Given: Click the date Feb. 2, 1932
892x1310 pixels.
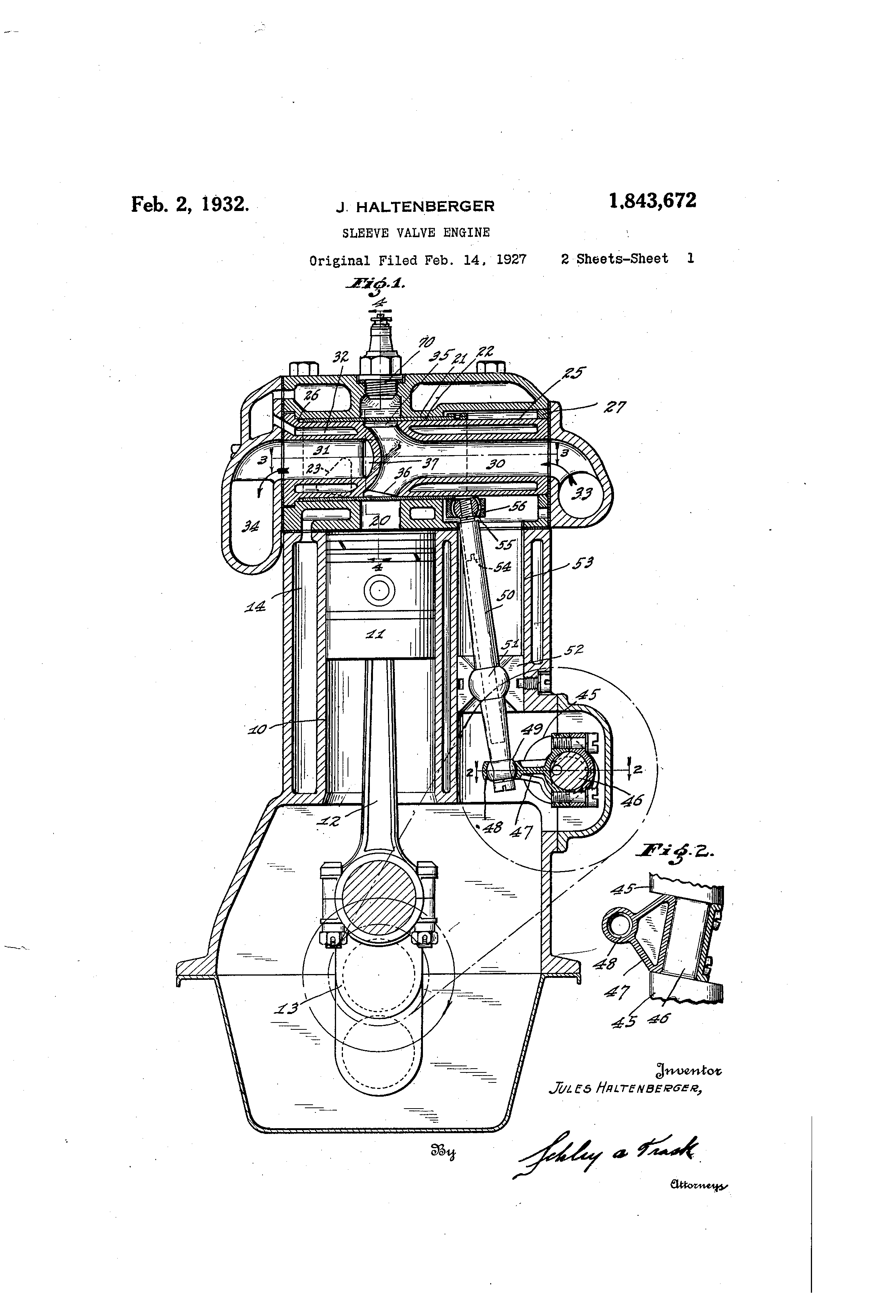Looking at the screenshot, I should tap(190, 204).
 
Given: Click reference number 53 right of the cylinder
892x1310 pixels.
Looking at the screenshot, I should tap(583, 563).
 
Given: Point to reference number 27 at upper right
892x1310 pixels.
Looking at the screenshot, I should tap(614, 407).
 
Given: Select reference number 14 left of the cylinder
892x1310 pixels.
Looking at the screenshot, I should tap(255, 607).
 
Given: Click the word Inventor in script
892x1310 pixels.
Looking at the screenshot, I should tap(688, 1069).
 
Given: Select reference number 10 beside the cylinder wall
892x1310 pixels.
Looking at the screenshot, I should tap(258, 730).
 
